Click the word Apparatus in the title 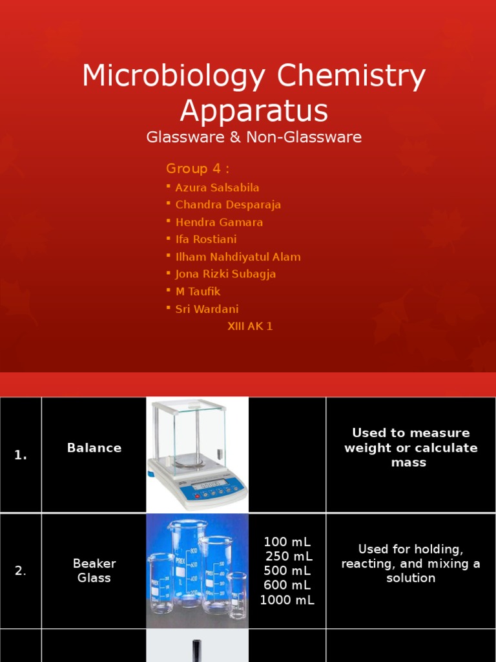click(254, 111)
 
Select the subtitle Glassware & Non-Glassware click(254, 137)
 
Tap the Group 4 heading click(198, 169)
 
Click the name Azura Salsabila click(217, 187)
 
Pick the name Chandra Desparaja click(228, 205)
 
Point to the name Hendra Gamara click(219, 222)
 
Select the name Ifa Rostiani click(206, 239)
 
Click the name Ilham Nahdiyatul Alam click(238, 257)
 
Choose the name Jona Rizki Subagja click(225, 274)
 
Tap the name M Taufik click(198, 292)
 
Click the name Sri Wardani click(207, 309)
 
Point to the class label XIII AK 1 click(250, 326)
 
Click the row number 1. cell click(21, 455)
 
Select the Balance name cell click(94, 448)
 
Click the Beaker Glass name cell click(94, 571)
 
